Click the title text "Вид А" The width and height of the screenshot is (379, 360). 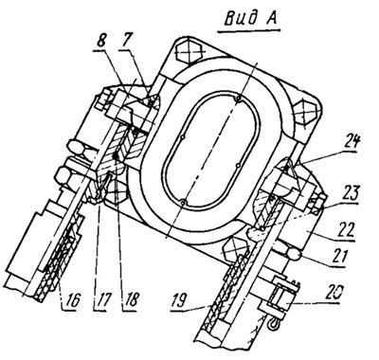coord(251,19)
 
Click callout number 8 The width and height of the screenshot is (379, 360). coord(101,41)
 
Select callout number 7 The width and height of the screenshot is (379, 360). coord(128,41)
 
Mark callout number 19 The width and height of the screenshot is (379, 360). coord(180,300)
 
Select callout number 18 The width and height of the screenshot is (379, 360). coord(130,300)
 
